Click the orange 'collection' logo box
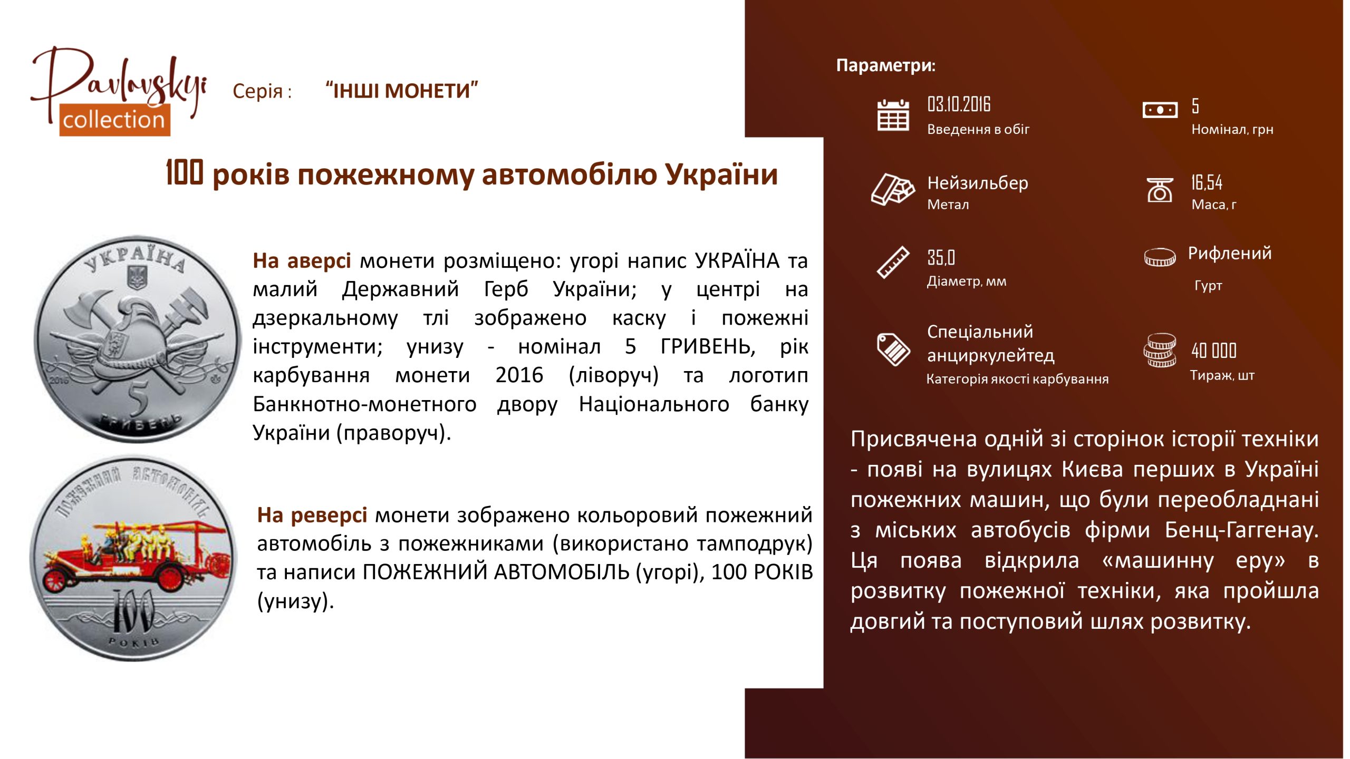114,120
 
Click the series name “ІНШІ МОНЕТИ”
402,91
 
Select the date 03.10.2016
959,104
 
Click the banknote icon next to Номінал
1160,110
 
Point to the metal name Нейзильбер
978,183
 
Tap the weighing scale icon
1160,190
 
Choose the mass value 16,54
1207,182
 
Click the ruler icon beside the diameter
893,262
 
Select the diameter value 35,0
941,258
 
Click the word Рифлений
1230,254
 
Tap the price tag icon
893,349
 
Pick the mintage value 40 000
1214,351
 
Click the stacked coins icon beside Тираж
1160,350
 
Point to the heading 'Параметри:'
886,65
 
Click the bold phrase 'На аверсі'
302,260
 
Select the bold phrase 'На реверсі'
312,515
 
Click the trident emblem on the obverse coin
137,278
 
